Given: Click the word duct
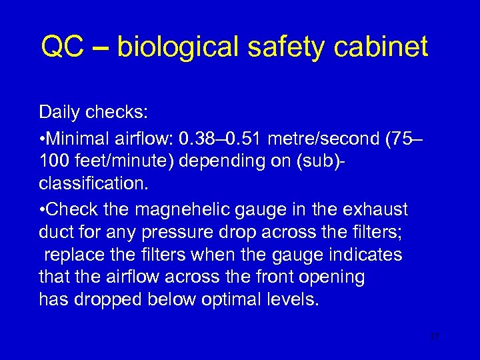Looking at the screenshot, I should [x=54, y=231].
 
